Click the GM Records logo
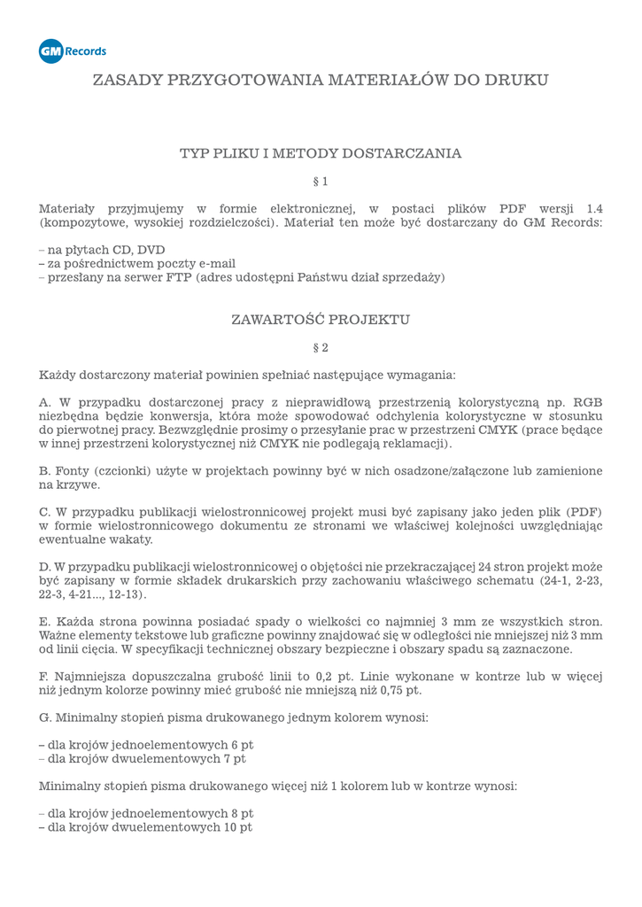pyautogui.click(x=73, y=51)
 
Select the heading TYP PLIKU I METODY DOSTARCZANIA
pyautogui.click(x=321, y=153)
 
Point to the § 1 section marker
pyautogui.click(x=321, y=182)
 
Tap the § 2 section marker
pyautogui.click(x=321, y=347)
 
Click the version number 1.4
pyautogui.click(x=594, y=208)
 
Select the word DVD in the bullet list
pyautogui.click(x=151, y=250)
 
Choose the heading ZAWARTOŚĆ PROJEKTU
pyautogui.click(x=321, y=319)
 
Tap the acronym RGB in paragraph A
pyautogui.click(x=587, y=401)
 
